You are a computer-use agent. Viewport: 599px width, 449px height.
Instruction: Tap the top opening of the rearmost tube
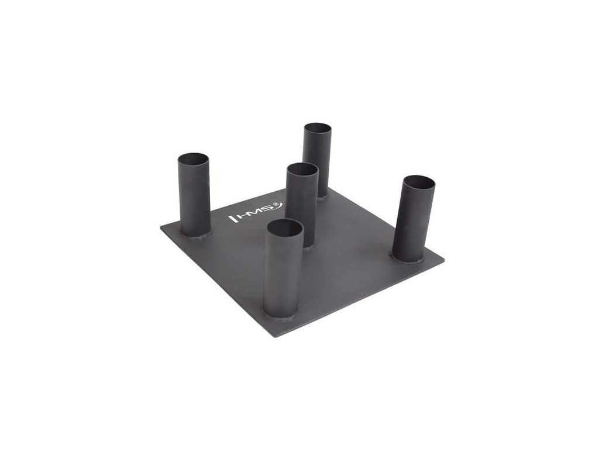click(318, 127)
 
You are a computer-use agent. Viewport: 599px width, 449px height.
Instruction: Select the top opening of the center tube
click(302, 169)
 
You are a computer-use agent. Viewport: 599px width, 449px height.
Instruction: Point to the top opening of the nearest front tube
click(285, 228)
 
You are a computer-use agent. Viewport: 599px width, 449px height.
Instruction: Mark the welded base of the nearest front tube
click(281, 317)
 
